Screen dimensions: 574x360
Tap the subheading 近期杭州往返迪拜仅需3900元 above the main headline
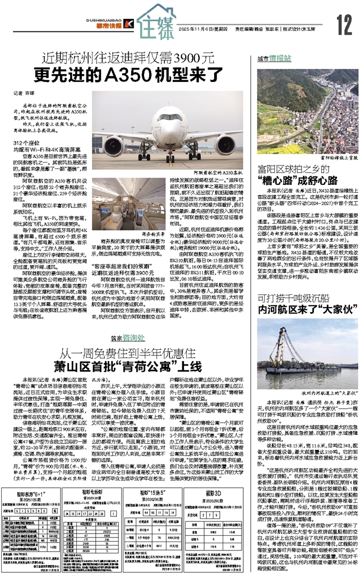click(130, 56)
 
